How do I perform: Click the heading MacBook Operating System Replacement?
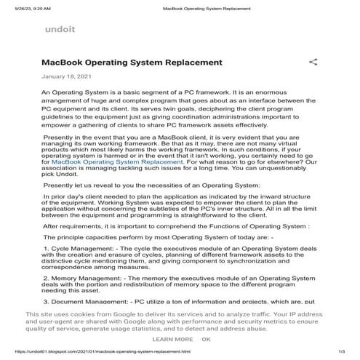coord(132,63)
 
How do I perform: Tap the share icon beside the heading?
coord(313,63)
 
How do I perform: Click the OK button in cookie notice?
coord(206,339)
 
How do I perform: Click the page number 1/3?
coord(340,351)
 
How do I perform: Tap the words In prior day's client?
coord(81,196)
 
